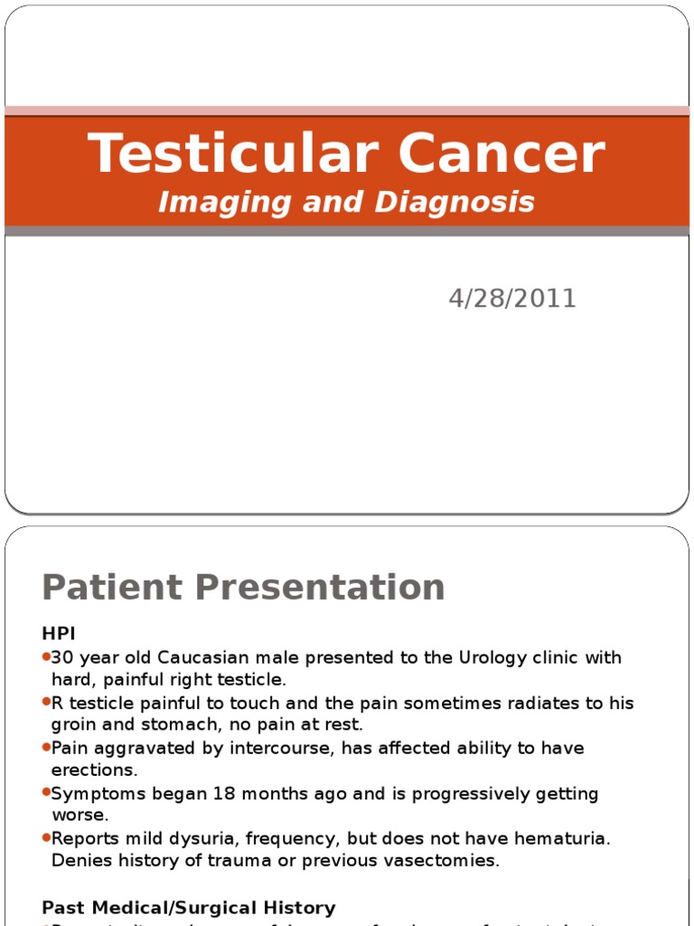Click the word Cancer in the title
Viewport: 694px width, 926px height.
pos(501,154)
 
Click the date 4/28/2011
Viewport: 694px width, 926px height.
pos(512,299)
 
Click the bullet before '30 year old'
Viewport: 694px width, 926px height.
pos(46,657)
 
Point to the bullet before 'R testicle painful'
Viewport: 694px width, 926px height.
pos(46,703)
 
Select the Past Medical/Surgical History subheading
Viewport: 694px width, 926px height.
pos(189,907)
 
